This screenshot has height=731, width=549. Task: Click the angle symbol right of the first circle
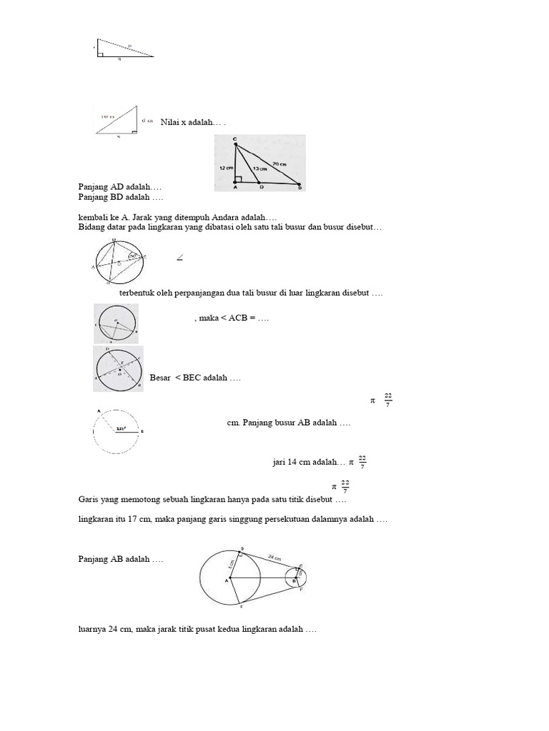tap(179, 258)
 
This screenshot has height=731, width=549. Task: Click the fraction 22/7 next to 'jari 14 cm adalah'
tap(362, 462)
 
